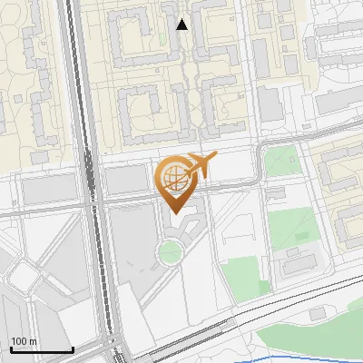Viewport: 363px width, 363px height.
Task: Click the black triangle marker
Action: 182,25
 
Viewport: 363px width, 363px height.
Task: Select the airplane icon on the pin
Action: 201,165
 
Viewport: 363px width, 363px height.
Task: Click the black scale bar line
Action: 41,349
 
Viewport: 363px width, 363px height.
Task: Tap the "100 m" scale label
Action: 25,340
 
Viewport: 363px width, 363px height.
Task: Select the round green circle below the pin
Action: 170,251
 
